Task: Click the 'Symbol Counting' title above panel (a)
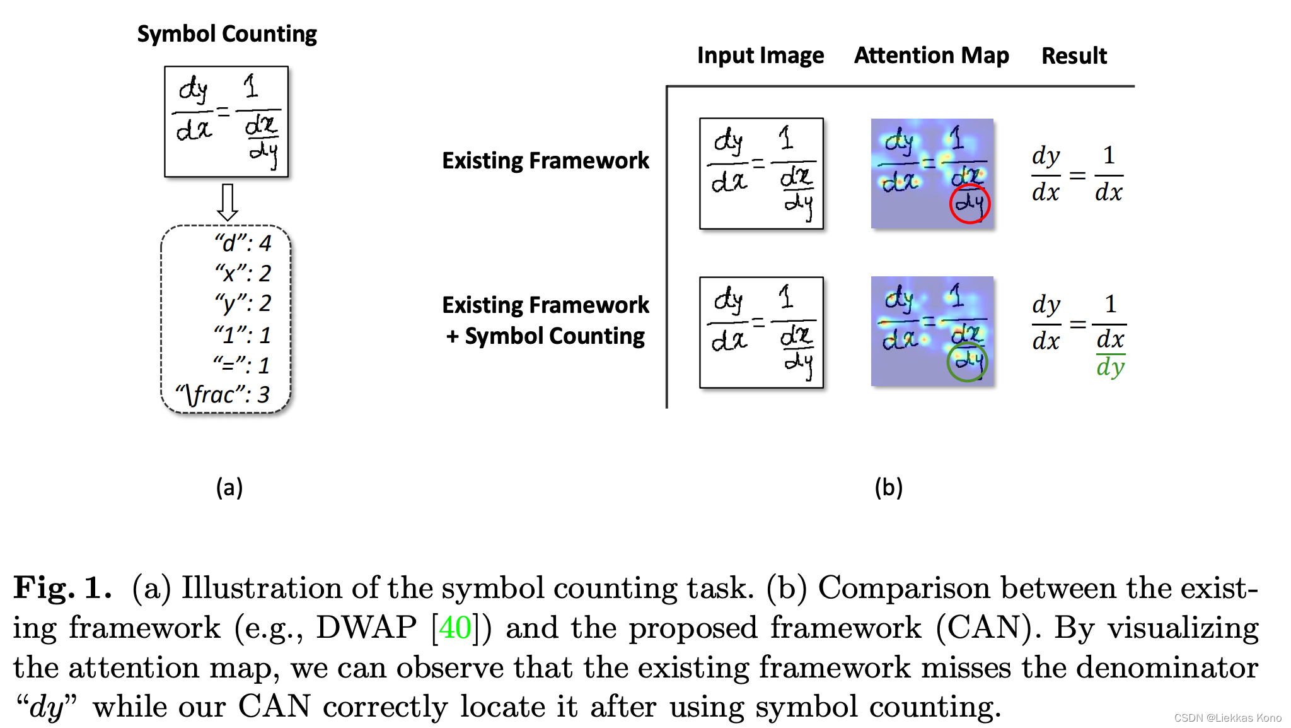pos(227,33)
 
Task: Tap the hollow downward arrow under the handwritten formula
pos(227,201)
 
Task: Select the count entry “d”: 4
pos(243,244)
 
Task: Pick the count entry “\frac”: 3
pos(223,395)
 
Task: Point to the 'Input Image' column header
pos(760,56)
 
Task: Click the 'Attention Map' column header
pos(931,56)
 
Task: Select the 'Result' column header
pos(1074,56)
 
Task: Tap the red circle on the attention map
pos(970,204)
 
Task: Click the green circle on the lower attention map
pos(967,362)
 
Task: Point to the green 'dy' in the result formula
pos(1110,367)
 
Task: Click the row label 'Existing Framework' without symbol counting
pos(545,160)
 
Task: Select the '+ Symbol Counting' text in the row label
pos(545,336)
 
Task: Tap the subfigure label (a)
pos(229,488)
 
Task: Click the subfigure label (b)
pos(888,488)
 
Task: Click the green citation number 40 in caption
pos(455,628)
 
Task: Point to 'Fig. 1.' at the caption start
pos(62,588)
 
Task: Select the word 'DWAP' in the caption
pos(366,628)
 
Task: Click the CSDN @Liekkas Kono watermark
pos(1227,718)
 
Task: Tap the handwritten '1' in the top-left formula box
pos(251,86)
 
